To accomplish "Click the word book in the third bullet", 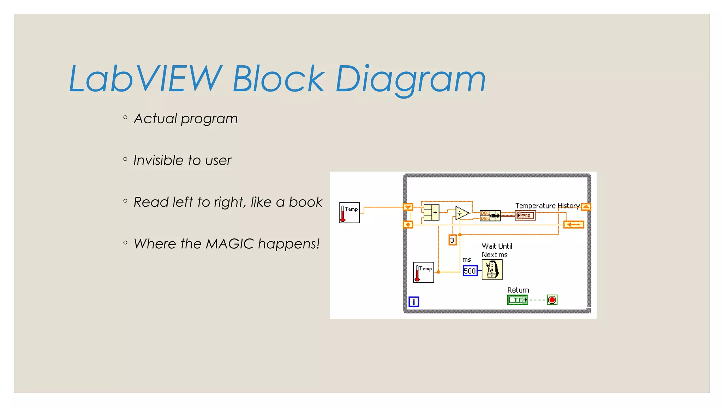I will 305,202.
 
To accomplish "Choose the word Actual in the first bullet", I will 155,119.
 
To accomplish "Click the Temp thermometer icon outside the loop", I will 349,213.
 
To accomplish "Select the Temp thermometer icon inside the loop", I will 423,272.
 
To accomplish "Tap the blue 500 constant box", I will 470,271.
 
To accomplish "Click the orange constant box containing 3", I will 452,240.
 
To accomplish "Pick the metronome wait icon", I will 492,270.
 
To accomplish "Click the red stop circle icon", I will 552,300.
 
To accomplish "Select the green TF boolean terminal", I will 518,300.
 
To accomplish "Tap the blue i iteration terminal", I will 414,302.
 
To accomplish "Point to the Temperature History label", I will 547,206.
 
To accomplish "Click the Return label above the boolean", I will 518,290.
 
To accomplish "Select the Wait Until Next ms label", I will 497,250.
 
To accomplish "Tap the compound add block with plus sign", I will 431,212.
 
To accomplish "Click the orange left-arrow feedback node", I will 574,224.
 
